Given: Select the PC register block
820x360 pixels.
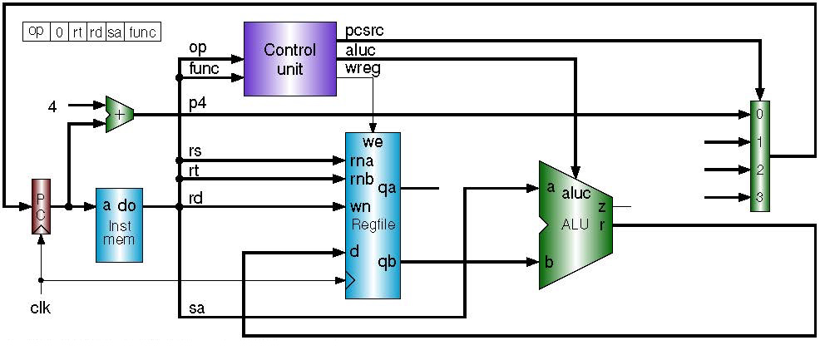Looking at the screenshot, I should point(41,205).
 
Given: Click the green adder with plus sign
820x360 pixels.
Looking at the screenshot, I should point(119,114).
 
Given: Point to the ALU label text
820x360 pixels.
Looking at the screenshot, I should point(575,223).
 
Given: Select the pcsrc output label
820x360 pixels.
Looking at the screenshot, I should point(364,31).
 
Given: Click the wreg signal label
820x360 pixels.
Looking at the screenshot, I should point(362,68).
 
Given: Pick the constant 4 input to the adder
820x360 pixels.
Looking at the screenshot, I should point(52,106).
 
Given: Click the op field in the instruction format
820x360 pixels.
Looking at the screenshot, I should point(37,32).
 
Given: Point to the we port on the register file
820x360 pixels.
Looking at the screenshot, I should point(373,142).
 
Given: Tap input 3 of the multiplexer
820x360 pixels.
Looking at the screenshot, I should point(758,198).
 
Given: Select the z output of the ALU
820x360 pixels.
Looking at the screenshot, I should point(601,206).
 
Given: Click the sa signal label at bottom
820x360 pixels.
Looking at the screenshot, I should point(197,308).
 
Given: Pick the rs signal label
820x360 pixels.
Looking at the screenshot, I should point(196,150).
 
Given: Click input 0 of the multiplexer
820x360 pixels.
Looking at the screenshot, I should point(758,114).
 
